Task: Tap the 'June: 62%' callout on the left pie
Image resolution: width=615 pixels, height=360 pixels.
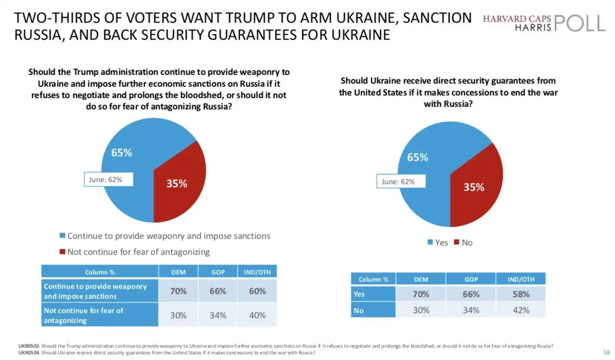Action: [108, 179]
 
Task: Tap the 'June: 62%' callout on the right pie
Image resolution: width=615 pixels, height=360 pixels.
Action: [401, 181]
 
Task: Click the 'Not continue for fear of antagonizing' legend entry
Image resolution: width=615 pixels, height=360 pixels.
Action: [135, 252]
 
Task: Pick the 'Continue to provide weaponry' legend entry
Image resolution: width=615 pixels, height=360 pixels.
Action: [165, 236]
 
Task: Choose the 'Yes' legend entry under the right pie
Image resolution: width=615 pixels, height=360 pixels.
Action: [438, 243]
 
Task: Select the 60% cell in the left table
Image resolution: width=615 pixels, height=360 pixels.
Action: [257, 291]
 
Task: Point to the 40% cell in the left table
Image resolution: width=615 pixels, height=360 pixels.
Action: [257, 315]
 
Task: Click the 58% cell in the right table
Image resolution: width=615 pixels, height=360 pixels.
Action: [521, 294]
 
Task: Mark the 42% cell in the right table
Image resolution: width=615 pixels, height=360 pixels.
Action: [521, 310]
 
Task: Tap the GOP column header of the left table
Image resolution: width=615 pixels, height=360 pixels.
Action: [218, 272]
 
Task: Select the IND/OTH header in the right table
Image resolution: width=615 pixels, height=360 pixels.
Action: [521, 279]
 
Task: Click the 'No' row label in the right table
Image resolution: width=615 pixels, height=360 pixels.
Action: [359, 310]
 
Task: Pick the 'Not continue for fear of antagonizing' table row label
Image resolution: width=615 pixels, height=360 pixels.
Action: [83, 315]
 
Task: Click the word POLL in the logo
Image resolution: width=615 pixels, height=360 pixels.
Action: [580, 23]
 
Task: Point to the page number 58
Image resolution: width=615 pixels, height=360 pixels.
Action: [607, 353]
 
